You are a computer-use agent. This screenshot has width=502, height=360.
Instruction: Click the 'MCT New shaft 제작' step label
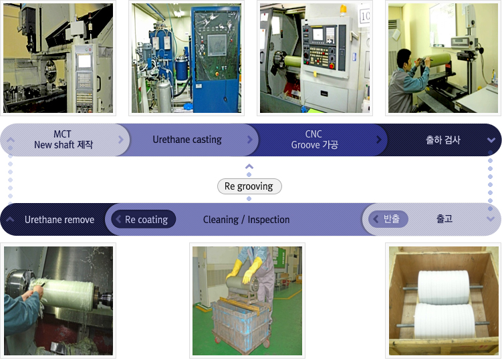click(64, 140)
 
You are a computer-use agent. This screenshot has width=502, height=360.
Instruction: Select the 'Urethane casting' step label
click(187, 140)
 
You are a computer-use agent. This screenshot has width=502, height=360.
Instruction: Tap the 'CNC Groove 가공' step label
click(314, 140)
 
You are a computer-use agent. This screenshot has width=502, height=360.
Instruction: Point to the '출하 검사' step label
click(443, 140)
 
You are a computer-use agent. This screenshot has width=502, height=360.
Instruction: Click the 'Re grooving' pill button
click(249, 186)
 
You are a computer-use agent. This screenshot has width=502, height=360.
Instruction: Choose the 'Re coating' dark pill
click(144, 219)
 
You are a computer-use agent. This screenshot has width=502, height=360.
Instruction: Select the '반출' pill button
click(388, 219)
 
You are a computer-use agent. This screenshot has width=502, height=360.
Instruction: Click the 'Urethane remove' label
click(59, 220)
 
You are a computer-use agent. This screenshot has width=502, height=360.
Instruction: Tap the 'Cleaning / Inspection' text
click(246, 220)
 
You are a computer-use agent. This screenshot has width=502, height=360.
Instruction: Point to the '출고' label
click(445, 219)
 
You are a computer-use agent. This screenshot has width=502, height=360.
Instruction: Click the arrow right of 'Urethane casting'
click(250, 140)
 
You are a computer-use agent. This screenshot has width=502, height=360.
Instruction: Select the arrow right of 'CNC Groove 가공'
click(379, 140)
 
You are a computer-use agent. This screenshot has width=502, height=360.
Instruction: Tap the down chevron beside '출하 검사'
click(491, 140)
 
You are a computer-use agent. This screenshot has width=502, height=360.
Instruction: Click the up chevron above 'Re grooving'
click(249, 166)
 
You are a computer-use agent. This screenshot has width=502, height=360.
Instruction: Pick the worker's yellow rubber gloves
click(245, 271)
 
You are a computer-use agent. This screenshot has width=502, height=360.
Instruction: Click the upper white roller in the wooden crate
click(443, 287)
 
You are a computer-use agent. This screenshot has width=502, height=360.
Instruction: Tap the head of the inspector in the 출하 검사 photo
click(404, 57)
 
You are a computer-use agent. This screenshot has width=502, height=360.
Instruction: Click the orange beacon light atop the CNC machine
click(343, 10)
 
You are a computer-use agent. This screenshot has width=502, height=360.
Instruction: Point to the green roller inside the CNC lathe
click(292, 61)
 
